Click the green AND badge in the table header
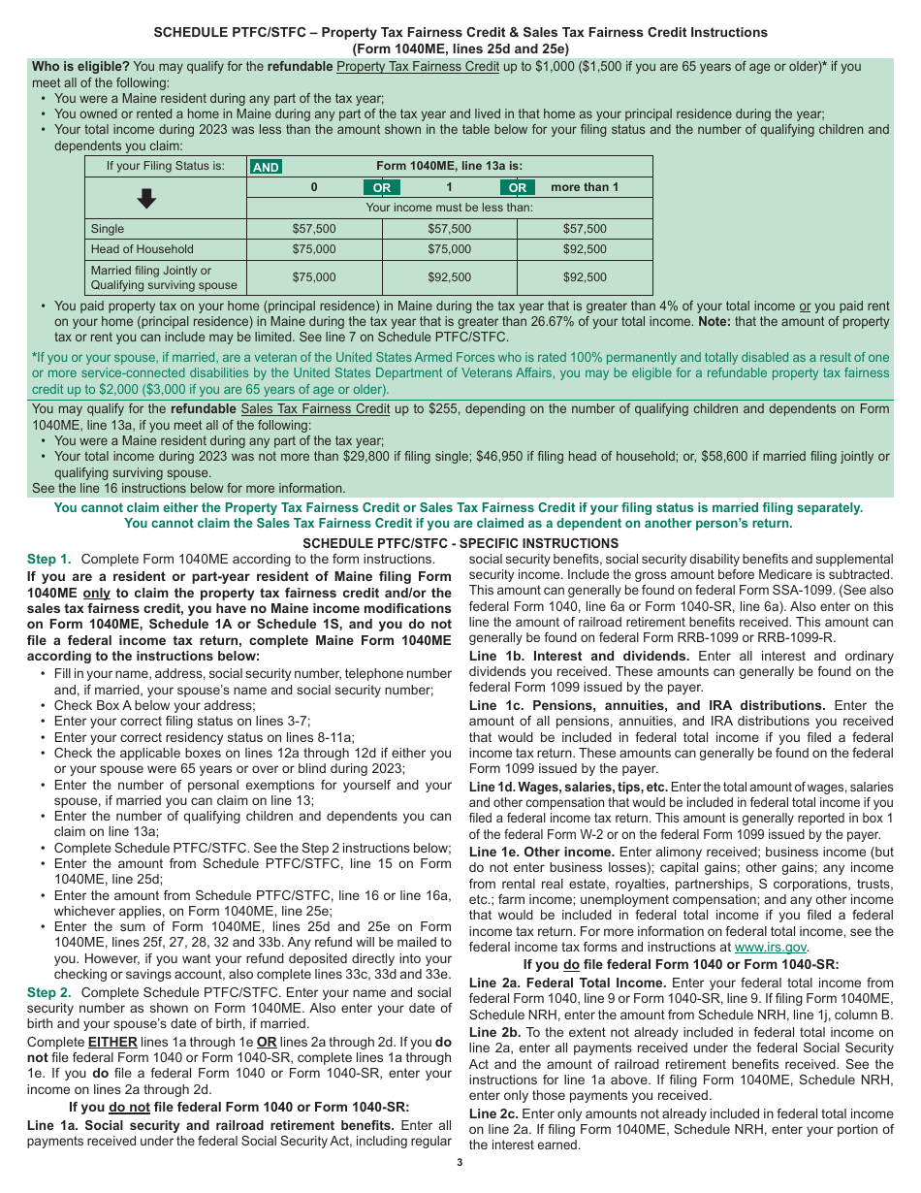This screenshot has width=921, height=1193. [266, 167]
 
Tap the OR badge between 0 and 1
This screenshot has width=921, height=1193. [382, 187]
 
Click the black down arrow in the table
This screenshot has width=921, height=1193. [146, 199]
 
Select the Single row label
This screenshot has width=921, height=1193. [108, 229]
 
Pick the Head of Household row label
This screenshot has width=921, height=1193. [142, 249]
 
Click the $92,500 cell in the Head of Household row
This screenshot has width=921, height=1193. [585, 249]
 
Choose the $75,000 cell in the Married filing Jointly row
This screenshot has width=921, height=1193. [314, 277]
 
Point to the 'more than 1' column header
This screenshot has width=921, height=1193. [585, 187]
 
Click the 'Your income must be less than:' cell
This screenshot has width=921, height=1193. [449, 208]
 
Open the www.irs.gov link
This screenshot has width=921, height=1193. [771, 948]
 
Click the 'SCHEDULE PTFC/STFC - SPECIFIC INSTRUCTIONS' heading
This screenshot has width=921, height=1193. [460, 543]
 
